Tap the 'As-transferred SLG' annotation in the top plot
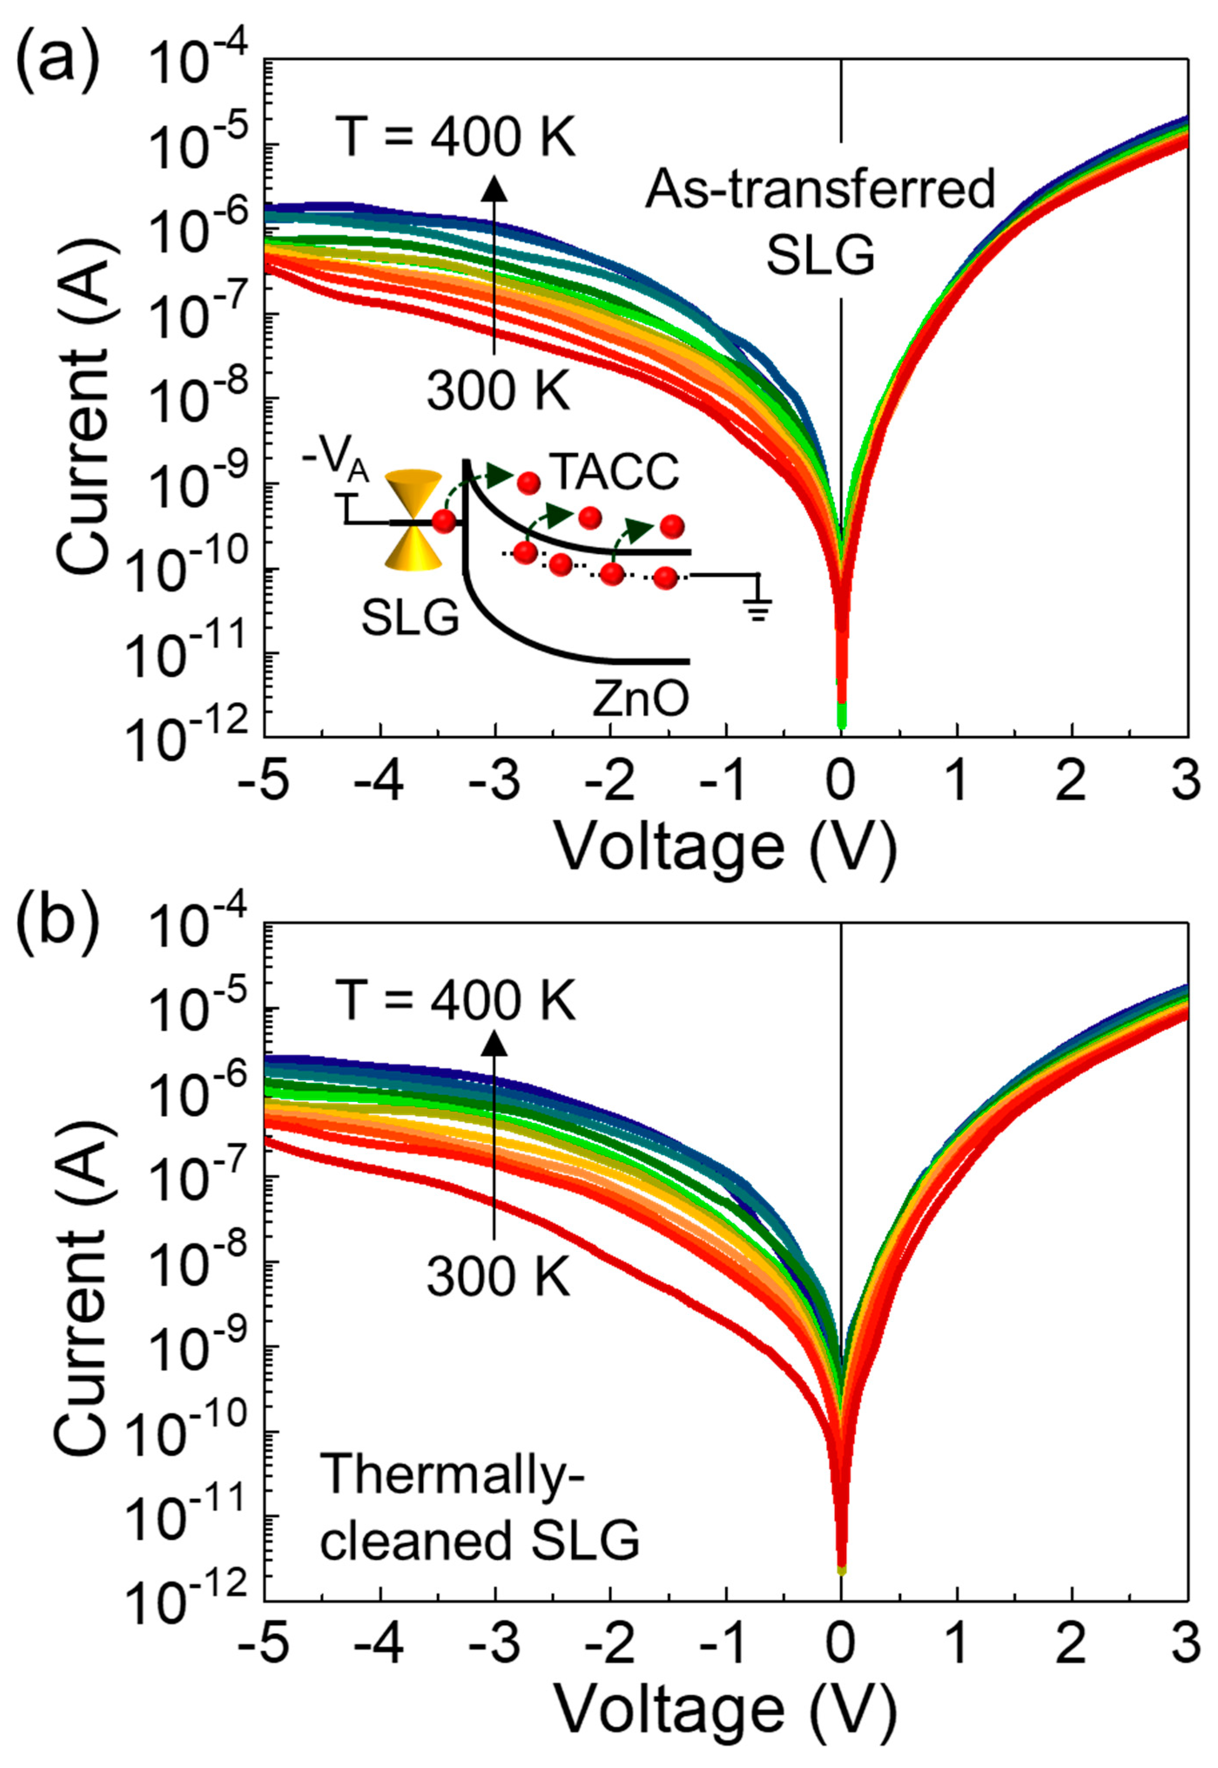[821, 221]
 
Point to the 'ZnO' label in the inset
[641, 699]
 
